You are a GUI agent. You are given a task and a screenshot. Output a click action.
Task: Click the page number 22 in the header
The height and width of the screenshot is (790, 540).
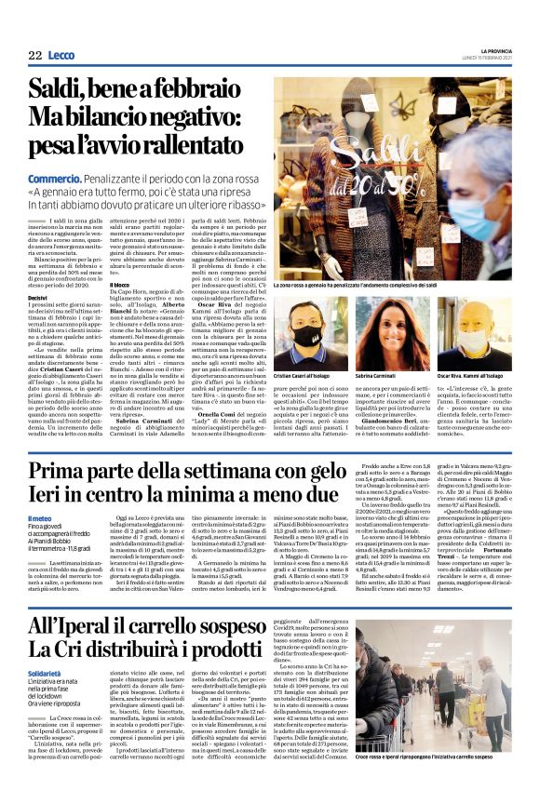pos(35,56)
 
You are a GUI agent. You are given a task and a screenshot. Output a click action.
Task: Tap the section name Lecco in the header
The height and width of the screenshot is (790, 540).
pos(64,56)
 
